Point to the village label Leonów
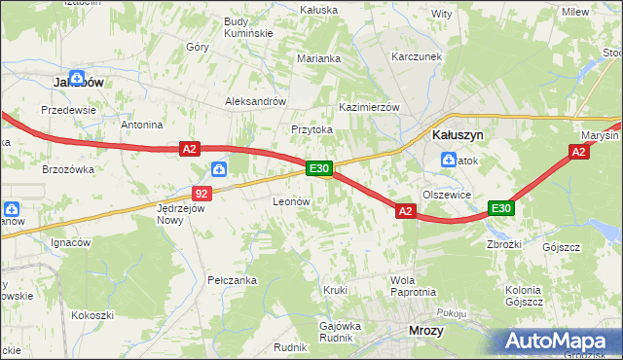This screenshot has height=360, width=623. [x=290, y=200]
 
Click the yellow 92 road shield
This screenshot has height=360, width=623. [x=202, y=194]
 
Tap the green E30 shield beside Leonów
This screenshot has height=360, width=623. [x=320, y=169]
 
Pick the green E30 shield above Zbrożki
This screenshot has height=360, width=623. [x=500, y=209]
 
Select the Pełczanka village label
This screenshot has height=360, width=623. [x=232, y=280]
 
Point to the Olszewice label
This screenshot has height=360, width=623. [x=448, y=195]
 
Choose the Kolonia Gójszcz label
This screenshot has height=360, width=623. [x=524, y=296]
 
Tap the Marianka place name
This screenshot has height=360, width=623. [x=319, y=58]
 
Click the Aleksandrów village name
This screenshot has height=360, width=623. [x=255, y=101]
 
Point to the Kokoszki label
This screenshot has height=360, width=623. [x=92, y=315]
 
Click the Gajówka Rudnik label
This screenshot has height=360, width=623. [x=341, y=332]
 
